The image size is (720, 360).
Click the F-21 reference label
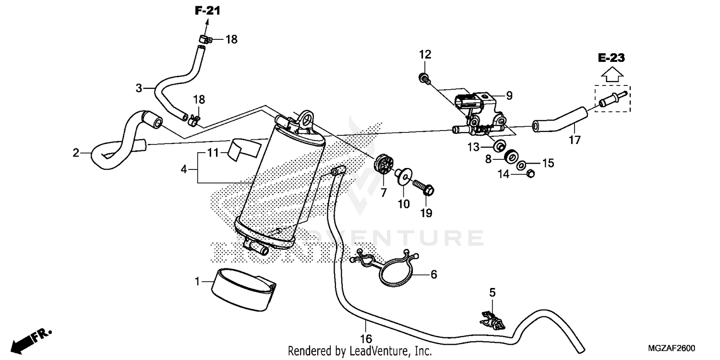click(207, 11)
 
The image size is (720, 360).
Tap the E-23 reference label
click(611, 58)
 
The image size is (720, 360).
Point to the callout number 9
click(509, 96)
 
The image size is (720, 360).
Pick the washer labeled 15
click(521, 166)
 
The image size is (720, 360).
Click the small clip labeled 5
click(492, 321)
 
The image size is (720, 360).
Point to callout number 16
click(368, 339)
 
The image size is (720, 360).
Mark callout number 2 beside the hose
click(76, 153)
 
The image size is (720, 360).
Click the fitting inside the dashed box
click(612, 99)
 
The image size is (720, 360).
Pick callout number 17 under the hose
click(575, 140)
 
